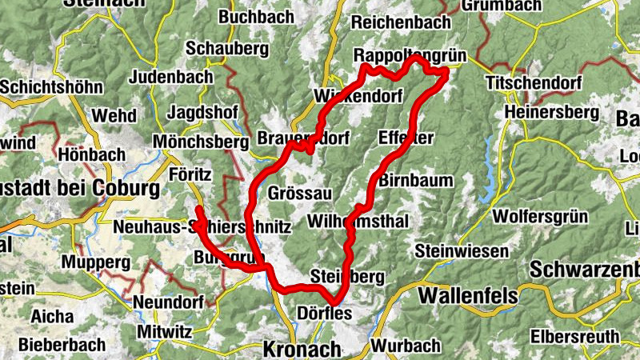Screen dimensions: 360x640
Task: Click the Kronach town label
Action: pyautogui.click(x=302, y=349)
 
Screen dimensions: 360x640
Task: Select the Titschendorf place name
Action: pyautogui.click(x=527, y=83)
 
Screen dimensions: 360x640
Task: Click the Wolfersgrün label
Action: pyautogui.click(x=540, y=216)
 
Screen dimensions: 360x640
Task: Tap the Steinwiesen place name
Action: pyautogui.click(x=462, y=251)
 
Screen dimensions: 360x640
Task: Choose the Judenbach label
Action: pyautogui.click(x=170, y=77)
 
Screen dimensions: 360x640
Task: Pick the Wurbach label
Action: pyautogui.click(x=406, y=346)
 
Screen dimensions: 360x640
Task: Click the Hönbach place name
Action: pyautogui.click(x=92, y=154)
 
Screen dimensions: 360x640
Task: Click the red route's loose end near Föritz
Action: pyautogui.click(x=198, y=209)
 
